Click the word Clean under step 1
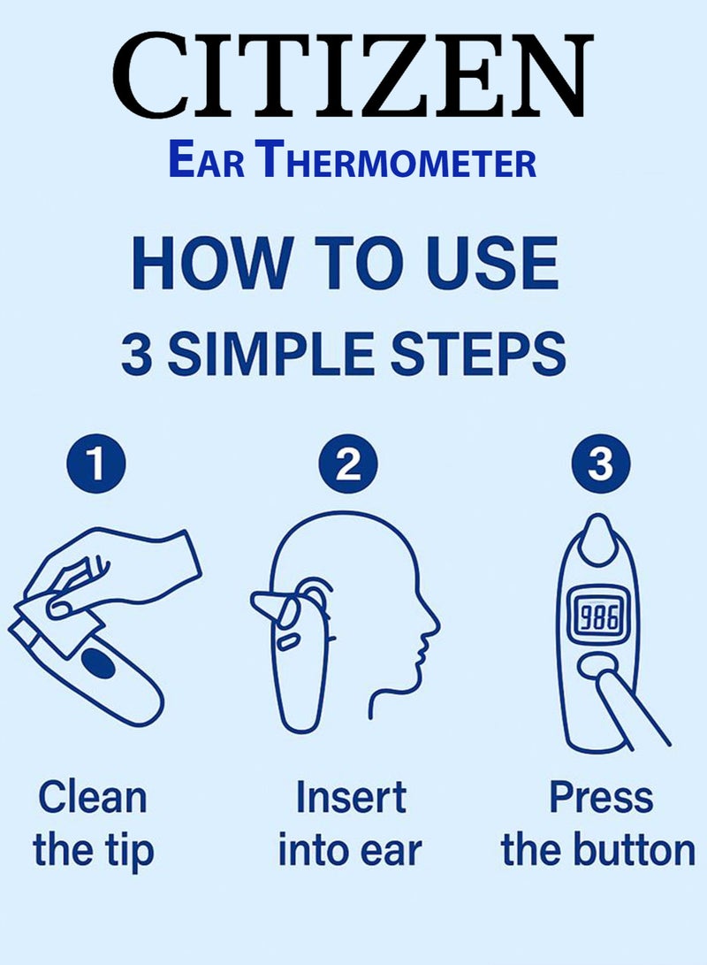pyautogui.click(x=92, y=797)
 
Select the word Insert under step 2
pyautogui.click(x=351, y=797)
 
